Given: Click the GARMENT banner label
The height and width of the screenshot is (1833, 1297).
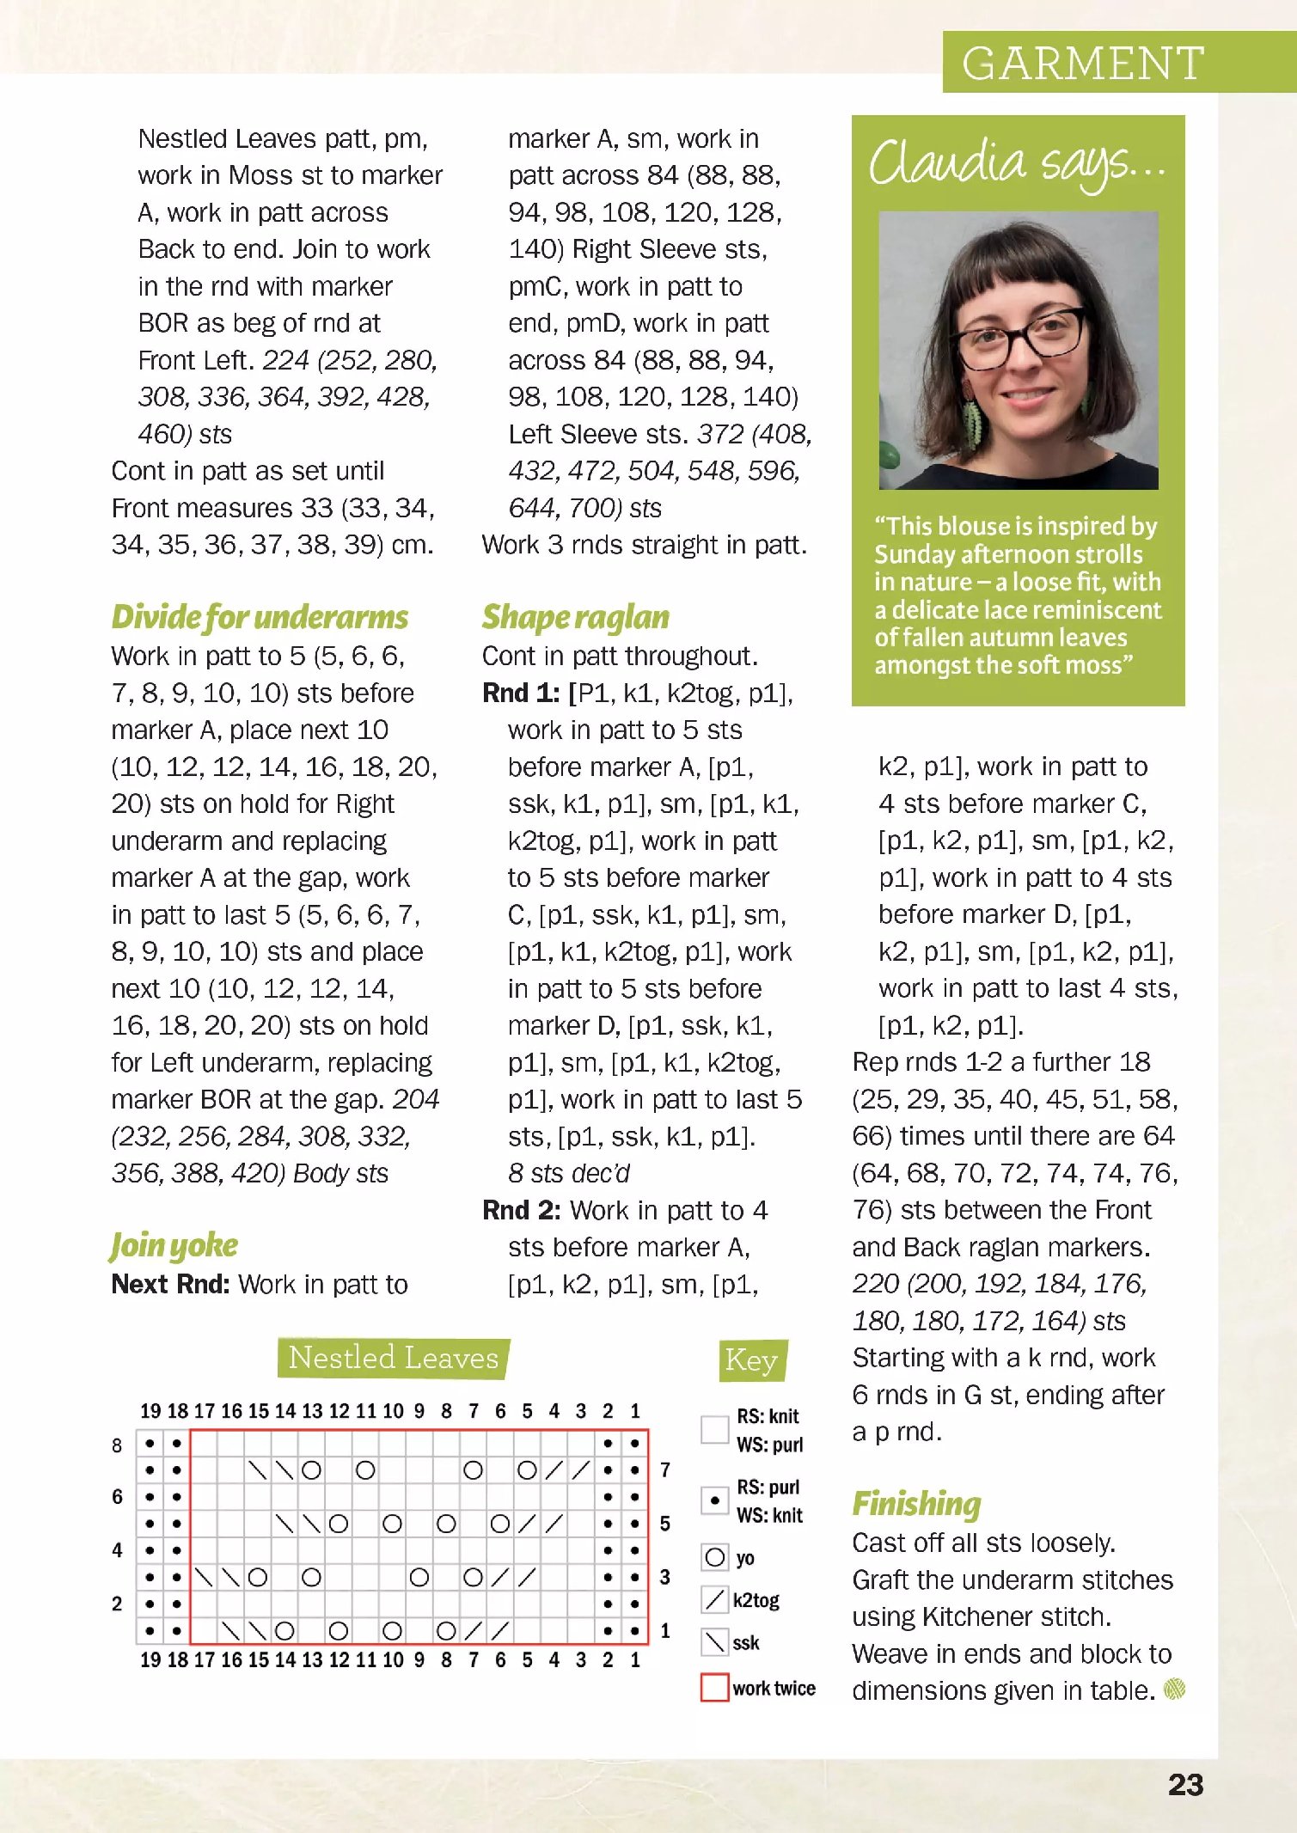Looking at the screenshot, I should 1082,64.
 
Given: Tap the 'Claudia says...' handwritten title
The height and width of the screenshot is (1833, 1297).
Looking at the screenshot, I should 1017,163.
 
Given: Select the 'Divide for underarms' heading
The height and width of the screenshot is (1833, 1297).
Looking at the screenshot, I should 260,617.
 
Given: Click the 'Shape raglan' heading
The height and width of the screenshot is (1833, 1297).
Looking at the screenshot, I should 575,617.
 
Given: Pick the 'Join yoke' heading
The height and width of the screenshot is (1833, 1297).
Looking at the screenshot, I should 174,1246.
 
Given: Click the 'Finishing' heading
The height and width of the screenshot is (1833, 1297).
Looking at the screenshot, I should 915,1504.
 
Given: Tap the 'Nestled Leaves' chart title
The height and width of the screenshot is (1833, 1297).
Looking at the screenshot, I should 394,1358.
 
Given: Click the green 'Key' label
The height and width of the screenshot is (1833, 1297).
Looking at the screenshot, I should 751,1359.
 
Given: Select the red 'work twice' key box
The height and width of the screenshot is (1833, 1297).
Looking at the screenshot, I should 714,1687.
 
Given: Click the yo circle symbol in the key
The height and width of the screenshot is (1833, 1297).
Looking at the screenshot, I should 714,1557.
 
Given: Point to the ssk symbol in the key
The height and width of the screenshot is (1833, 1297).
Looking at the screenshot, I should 714,1642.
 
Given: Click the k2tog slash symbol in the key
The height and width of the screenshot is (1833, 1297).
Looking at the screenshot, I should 714,1599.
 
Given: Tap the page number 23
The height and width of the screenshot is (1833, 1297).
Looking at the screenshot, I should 1185,1786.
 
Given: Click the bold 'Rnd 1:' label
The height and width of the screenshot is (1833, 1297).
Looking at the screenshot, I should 521,693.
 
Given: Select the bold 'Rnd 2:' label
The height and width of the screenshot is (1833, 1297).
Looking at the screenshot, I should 521,1210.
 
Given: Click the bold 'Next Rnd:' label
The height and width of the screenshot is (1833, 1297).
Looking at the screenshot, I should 170,1284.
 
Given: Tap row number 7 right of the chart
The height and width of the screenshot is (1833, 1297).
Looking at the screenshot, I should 664,1469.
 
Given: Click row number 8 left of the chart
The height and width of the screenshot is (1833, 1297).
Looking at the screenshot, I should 117,1445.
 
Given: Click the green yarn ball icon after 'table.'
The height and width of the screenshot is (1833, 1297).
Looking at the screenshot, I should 1174,1689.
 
